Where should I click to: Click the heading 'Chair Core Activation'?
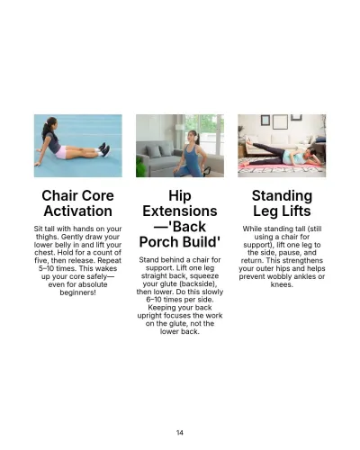[x=77, y=202]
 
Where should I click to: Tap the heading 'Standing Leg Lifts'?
[x=282, y=202]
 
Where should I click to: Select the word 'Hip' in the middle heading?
[x=180, y=195]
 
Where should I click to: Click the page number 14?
[x=180, y=433]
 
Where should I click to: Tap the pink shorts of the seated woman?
[x=60, y=153]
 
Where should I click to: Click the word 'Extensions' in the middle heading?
[x=180, y=211]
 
